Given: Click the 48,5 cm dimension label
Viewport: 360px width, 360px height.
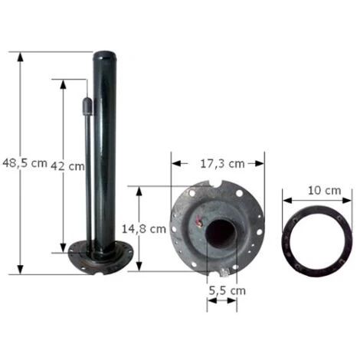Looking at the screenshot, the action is pyautogui.click(x=25, y=163).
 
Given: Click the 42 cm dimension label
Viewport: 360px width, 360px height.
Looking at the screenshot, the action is pyautogui.click(x=67, y=166).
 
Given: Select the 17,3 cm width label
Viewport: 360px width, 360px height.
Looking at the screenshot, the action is pyautogui.click(x=222, y=164).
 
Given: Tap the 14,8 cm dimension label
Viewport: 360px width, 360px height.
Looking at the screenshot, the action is pyautogui.click(x=144, y=229).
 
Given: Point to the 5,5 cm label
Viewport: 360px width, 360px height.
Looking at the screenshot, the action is pyautogui.click(x=227, y=290).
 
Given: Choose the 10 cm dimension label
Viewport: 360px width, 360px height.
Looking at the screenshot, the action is pyautogui.click(x=324, y=191).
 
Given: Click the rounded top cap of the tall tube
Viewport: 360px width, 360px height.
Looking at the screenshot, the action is pyautogui.click(x=105, y=57).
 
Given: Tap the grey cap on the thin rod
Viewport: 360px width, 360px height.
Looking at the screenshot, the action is pyautogui.click(x=87, y=106).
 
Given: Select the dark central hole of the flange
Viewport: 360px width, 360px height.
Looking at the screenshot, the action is pyautogui.click(x=221, y=234).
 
